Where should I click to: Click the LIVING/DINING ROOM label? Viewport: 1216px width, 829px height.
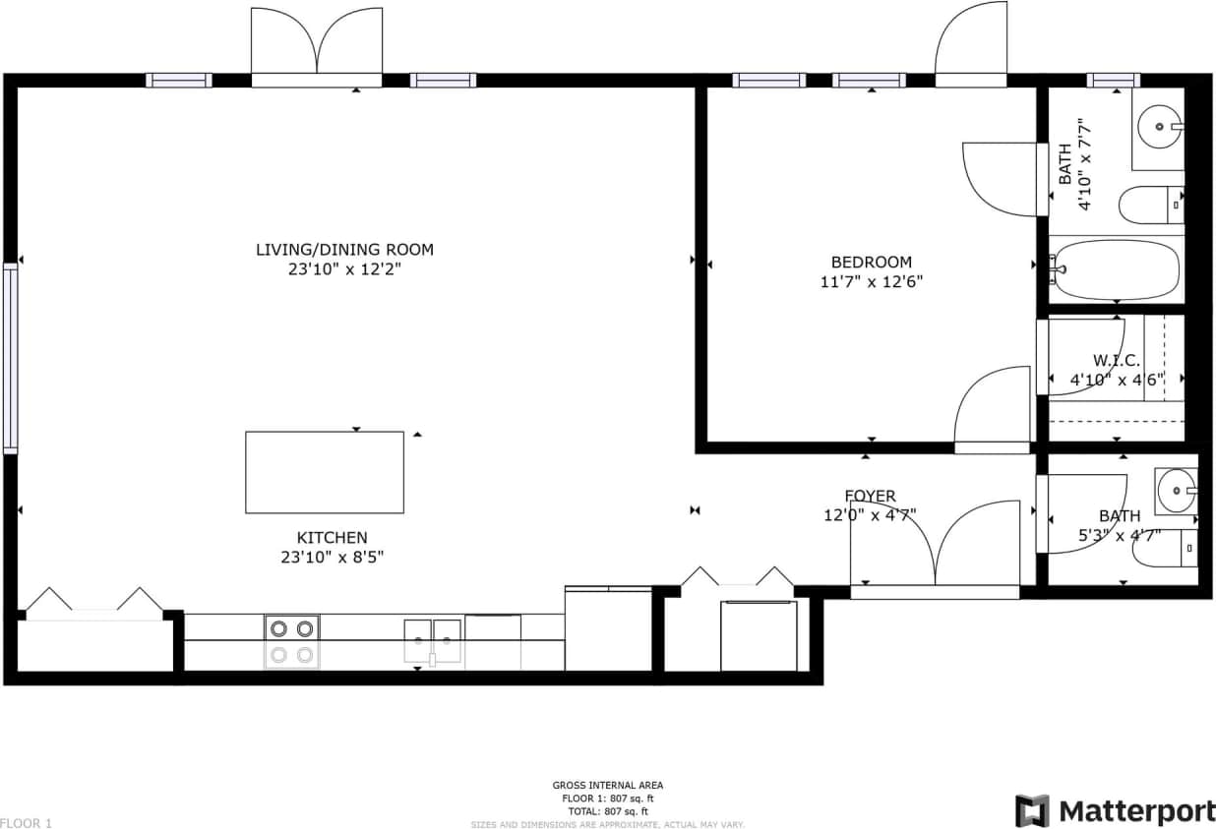[x=344, y=250]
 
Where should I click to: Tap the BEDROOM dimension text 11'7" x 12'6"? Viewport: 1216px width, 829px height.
[x=871, y=281]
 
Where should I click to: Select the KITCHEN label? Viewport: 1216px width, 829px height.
[x=332, y=538]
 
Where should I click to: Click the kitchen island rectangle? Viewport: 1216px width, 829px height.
[x=324, y=472]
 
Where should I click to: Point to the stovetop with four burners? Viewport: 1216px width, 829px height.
[x=292, y=641]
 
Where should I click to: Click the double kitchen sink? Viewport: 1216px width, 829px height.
[x=433, y=640]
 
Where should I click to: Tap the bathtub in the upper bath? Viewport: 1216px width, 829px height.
[x=1116, y=270]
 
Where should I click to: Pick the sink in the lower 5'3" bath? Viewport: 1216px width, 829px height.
[x=1176, y=489]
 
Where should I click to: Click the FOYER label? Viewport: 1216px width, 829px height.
[x=870, y=496]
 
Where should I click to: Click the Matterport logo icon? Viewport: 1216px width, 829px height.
[x=1032, y=810]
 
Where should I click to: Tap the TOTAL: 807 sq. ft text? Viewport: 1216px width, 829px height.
[x=607, y=811]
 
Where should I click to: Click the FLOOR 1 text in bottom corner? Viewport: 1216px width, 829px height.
[x=27, y=822]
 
